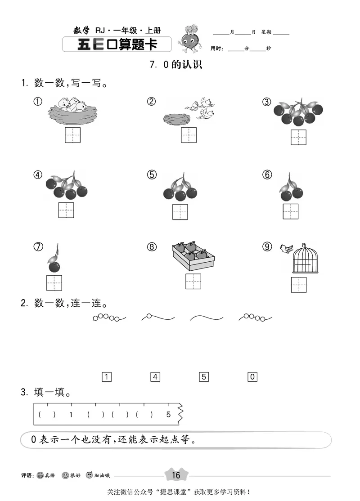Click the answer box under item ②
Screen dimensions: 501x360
[189, 135]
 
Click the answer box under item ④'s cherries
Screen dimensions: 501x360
[66, 210]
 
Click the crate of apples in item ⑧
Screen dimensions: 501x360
[193, 256]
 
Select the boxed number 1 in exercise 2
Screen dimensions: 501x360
[107, 377]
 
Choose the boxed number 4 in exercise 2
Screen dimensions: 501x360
[155, 377]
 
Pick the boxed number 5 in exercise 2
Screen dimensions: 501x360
[204, 377]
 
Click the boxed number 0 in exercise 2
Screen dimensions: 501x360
[252, 377]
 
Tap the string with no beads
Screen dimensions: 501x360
[207, 318]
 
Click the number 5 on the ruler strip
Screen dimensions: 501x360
[168, 414]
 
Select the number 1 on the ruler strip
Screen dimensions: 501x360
[71, 414]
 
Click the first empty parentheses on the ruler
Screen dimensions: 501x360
[47, 414]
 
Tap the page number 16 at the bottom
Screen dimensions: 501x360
[175, 475]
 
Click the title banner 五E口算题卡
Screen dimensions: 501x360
[117, 45]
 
